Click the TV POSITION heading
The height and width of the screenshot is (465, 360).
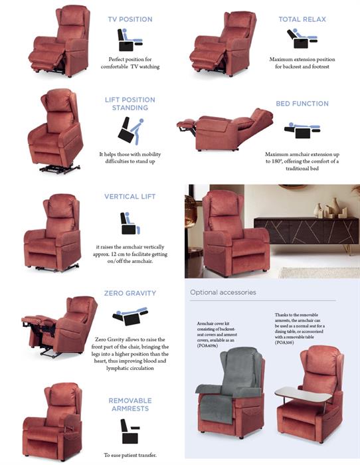click(130, 19)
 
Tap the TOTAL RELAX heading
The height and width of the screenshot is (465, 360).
click(302, 19)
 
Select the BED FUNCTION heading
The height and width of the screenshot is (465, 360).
click(302, 104)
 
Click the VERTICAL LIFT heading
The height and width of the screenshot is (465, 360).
click(130, 197)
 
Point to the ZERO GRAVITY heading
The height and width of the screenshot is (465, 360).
click(130, 294)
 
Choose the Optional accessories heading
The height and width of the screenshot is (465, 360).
click(223, 292)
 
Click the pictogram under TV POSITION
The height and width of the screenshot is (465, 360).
click(130, 40)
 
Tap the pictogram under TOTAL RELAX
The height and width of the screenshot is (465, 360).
click(302, 39)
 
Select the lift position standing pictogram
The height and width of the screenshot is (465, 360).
click(130, 131)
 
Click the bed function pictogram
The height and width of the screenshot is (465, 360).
click(302, 130)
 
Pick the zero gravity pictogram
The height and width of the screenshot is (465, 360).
click(130, 316)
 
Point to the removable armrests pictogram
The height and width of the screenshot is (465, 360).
click(130, 431)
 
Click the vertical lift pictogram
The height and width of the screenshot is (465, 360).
click(130, 223)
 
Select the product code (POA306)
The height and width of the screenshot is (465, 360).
click(284, 343)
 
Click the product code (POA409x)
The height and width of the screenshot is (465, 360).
click(208, 345)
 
